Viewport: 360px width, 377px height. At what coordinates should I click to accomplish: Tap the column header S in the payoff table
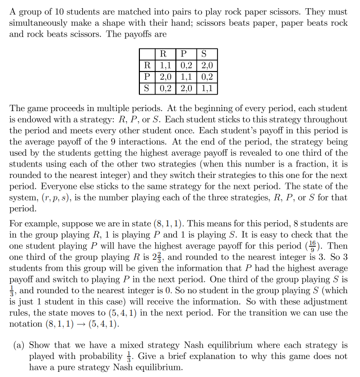click(x=204, y=54)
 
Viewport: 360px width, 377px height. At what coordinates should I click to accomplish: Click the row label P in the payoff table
click(x=147, y=77)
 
